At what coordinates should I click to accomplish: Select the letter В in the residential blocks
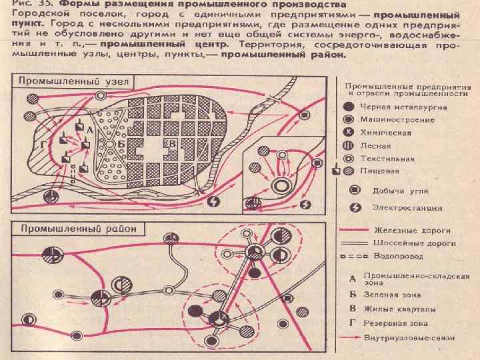(x=173, y=143)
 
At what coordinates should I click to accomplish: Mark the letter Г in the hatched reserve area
(x=43, y=144)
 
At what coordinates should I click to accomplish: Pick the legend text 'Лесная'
(x=375, y=146)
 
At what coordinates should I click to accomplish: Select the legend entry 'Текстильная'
(x=387, y=159)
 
